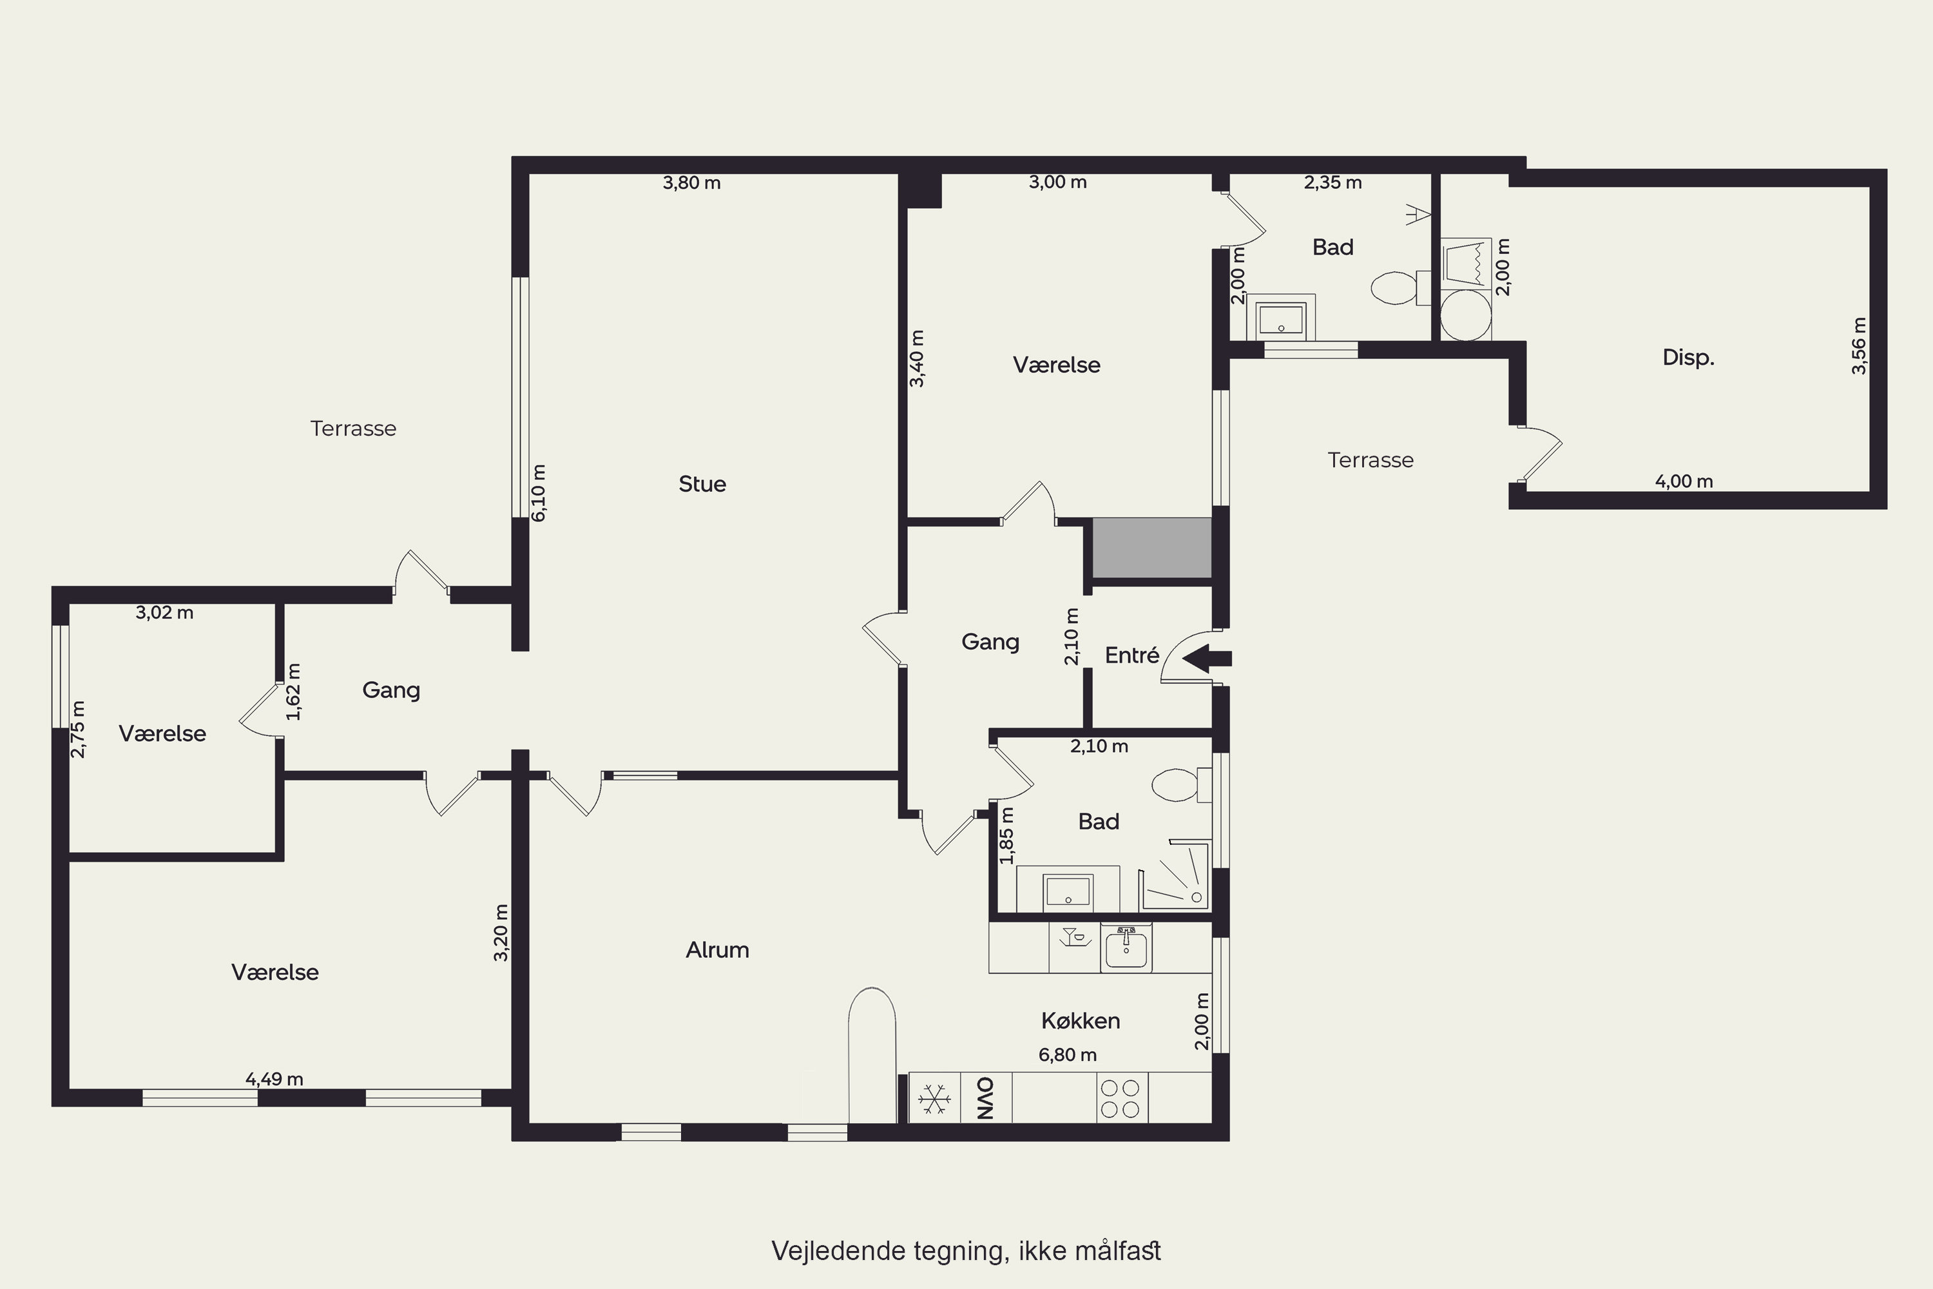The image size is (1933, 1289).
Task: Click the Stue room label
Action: (x=702, y=483)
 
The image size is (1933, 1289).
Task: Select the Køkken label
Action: (x=1080, y=1020)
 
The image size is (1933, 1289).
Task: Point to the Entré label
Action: (x=1131, y=655)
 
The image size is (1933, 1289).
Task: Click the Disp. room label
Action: (x=1688, y=358)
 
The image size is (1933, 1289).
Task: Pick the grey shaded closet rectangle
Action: (x=1152, y=547)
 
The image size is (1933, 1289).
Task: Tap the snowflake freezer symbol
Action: (x=934, y=1098)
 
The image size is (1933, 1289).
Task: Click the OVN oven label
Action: (x=985, y=1098)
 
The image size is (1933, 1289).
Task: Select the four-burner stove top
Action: (x=1122, y=1098)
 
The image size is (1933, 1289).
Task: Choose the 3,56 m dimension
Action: (x=1858, y=346)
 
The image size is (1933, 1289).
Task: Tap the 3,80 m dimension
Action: (x=692, y=182)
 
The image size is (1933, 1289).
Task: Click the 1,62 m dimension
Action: (x=293, y=692)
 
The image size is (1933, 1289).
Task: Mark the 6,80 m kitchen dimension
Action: (x=1068, y=1054)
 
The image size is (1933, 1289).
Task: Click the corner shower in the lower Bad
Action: (x=1175, y=875)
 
